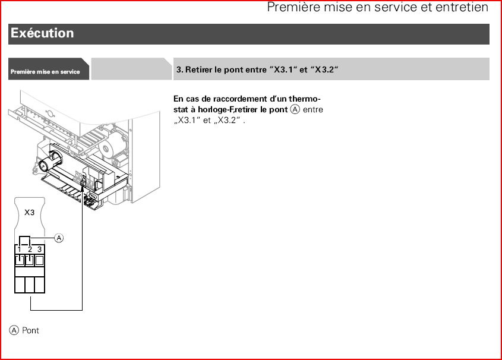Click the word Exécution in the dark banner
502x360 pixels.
[x=42, y=33]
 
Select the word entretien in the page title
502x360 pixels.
[x=464, y=7]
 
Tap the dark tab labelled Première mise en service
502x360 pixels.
[x=48, y=69]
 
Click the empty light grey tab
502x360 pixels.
[x=131, y=69]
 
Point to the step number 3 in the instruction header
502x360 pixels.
[x=179, y=70]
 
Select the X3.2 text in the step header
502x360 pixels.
[x=324, y=70]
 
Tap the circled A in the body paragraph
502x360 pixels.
[x=295, y=109]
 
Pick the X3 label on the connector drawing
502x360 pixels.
[x=30, y=213]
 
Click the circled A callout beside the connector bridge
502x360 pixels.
[x=59, y=238]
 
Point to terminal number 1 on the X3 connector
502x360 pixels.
[x=19, y=250]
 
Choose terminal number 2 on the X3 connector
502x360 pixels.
[x=30, y=250]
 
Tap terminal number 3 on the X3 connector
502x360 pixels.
[x=39, y=250]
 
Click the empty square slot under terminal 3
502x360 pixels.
[x=39, y=260]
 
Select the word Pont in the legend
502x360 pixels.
[x=30, y=330]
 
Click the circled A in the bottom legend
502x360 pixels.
[x=14, y=330]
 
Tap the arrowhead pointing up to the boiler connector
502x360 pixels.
[x=82, y=188]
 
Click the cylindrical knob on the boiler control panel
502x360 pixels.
[x=50, y=161]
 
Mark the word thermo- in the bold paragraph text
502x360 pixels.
[x=304, y=99]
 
